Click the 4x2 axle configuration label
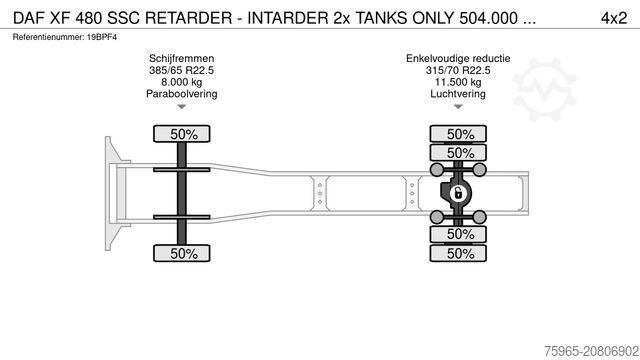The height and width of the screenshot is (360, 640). point(613,17)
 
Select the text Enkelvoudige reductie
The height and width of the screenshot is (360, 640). point(459,60)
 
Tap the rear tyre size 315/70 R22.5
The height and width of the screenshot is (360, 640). point(459,71)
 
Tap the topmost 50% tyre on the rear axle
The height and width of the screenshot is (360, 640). point(459,134)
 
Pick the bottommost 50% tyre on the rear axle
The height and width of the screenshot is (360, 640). point(459,253)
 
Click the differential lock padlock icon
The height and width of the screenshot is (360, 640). point(459,193)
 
